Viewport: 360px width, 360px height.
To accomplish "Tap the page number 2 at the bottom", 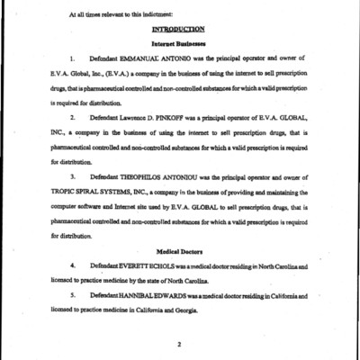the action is (180, 343).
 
